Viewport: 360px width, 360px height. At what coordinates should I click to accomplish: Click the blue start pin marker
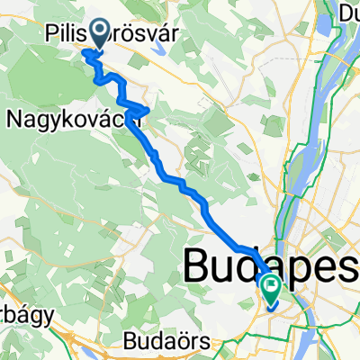[93, 36]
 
